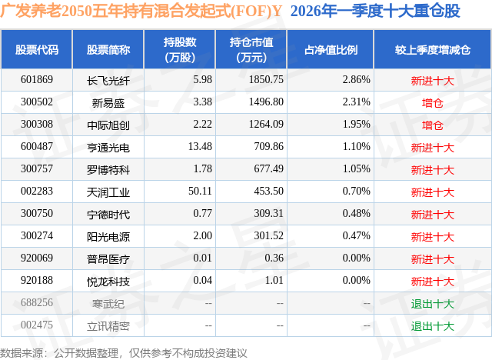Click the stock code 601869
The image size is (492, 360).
pyautogui.click(x=37, y=79)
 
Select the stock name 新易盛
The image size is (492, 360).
pyautogui.click(x=108, y=102)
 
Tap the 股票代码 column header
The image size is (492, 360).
pyautogui.click(x=37, y=50)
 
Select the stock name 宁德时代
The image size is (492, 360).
pyautogui.click(x=108, y=214)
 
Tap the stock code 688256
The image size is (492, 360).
pyautogui.click(x=37, y=304)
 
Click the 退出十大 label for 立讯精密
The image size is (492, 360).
pyautogui.click(x=432, y=326)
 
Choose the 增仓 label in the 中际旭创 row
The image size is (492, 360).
pyautogui.click(x=432, y=125)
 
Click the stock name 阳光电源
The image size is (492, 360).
pyautogui.click(x=108, y=236)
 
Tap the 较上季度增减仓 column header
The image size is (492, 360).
pyautogui.click(x=432, y=50)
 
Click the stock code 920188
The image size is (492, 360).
pyautogui.click(x=37, y=282)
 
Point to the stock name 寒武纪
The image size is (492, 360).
pyautogui.click(x=108, y=304)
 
